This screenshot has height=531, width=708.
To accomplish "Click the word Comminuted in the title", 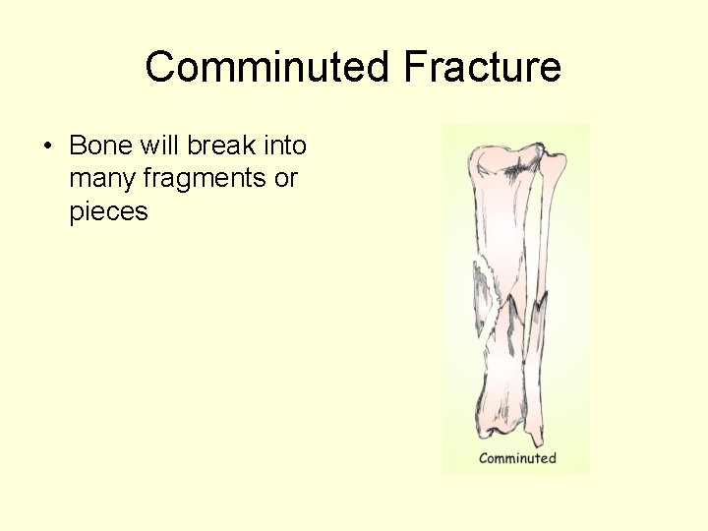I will [x=267, y=68].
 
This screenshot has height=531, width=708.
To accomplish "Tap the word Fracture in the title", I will [x=482, y=68].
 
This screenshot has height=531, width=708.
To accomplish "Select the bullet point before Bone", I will [x=46, y=147].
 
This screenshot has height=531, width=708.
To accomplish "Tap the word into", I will [x=283, y=147].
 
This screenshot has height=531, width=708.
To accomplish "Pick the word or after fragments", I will [x=286, y=179].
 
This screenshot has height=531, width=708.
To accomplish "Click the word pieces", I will [x=108, y=211].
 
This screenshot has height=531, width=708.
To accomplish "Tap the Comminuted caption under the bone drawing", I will [x=517, y=458].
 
